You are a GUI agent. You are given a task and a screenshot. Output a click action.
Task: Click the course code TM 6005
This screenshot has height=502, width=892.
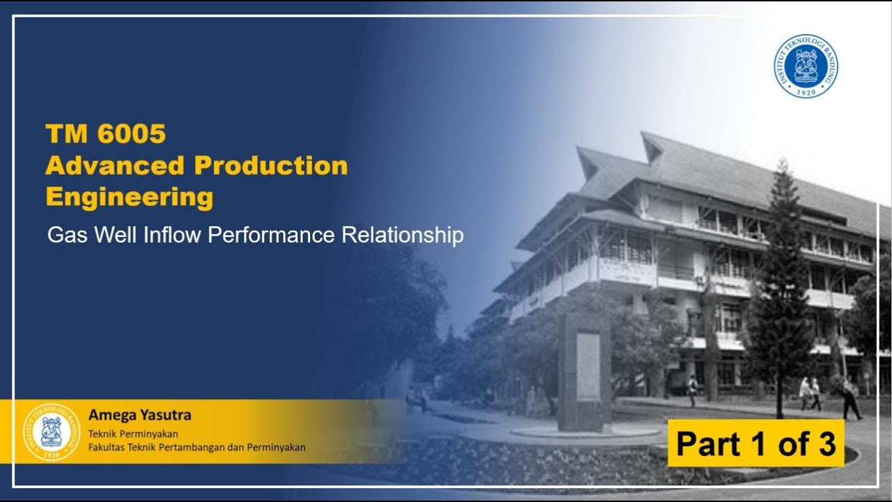105,133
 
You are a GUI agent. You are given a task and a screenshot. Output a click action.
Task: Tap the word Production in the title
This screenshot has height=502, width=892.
270,166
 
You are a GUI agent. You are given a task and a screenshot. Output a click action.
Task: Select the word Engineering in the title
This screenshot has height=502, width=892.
129,197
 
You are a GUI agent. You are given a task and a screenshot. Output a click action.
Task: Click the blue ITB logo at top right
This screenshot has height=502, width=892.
806,66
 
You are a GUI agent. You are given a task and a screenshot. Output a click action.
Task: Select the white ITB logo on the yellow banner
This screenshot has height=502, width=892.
52,432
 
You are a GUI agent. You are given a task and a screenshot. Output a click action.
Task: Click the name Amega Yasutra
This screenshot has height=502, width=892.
139,416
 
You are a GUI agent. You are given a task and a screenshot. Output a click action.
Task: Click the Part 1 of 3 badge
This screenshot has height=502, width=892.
755,443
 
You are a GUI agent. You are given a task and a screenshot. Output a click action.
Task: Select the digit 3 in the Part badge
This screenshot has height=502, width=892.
827,443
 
